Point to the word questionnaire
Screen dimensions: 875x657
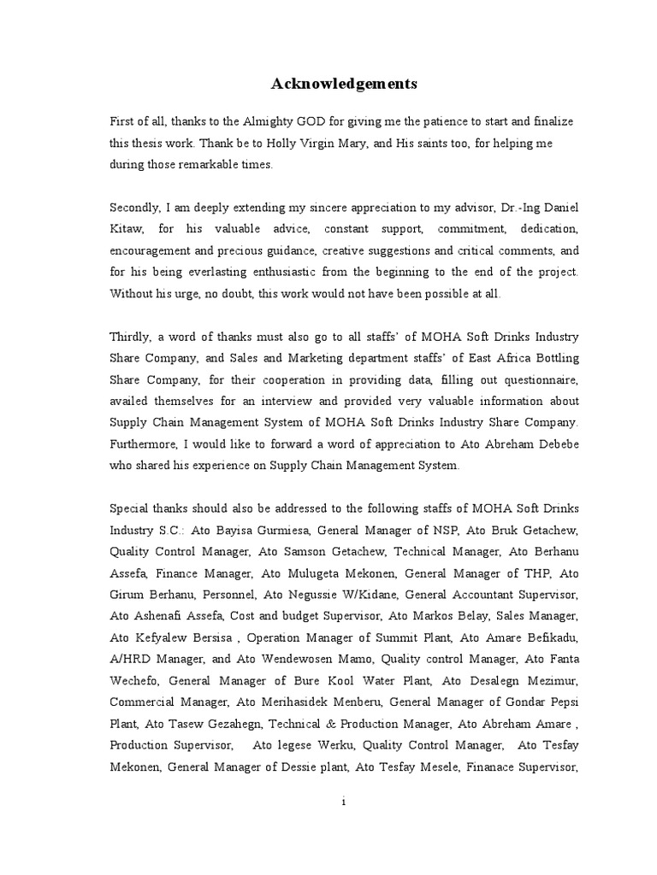(536, 379)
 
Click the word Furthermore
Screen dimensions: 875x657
(143, 444)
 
